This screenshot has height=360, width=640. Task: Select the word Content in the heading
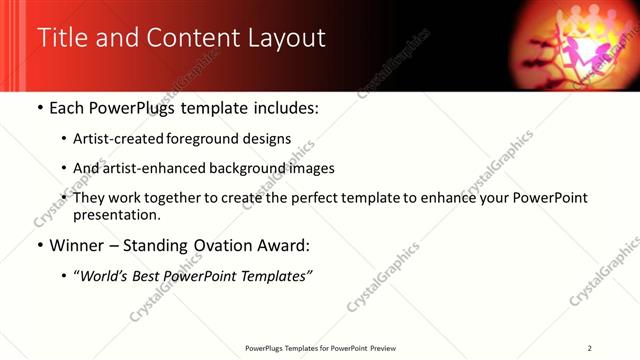pyautogui.click(x=187, y=38)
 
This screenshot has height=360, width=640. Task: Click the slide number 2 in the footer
pyautogui.click(x=590, y=348)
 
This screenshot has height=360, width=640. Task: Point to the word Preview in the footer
pyautogui.click(x=389, y=348)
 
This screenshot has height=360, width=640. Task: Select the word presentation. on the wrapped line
pyautogui.click(x=116, y=215)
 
